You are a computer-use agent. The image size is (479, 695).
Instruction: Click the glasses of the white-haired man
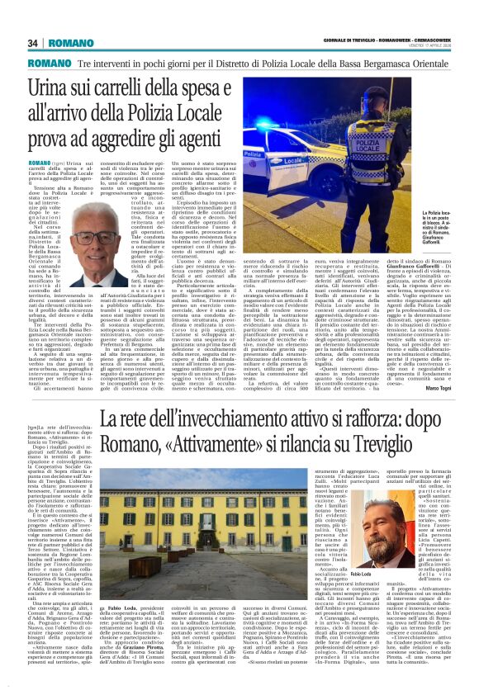click(92, 239)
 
